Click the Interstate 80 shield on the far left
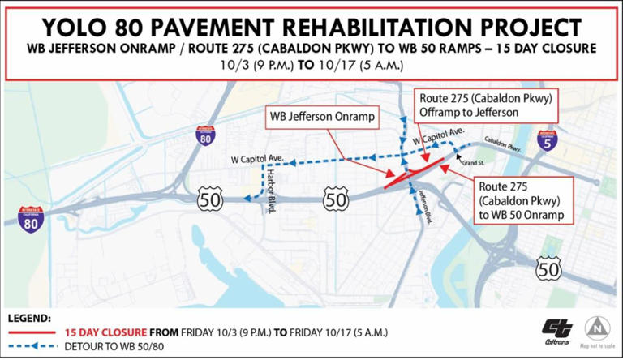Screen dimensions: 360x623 point(32,218)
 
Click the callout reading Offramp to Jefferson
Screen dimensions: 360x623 point(485,105)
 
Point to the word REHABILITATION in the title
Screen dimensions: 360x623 point(379,26)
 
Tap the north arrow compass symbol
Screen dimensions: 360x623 point(598,328)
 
